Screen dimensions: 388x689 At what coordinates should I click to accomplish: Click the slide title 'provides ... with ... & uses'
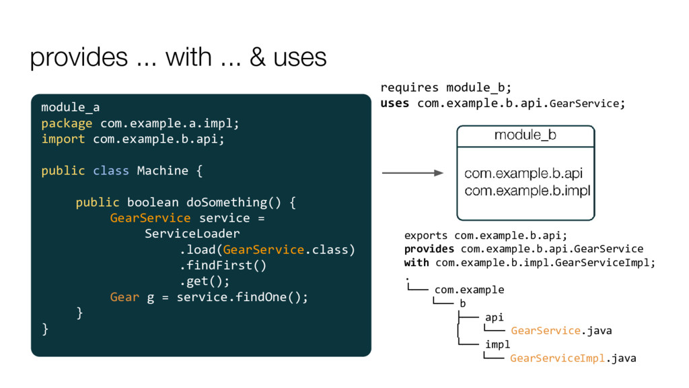click(x=178, y=57)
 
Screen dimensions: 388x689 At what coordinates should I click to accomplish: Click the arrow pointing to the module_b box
click(x=412, y=173)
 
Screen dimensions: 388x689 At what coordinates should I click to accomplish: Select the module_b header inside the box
click(x=525, y=135)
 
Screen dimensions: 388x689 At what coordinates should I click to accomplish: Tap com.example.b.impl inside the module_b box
click(x=527, y=191)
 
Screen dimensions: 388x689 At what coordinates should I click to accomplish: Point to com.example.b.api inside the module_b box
click(x=523, y=174)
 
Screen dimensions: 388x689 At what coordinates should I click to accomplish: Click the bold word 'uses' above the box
click(x=395, y=103)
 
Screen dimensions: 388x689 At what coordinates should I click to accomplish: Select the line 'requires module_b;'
click(x=446, y=88)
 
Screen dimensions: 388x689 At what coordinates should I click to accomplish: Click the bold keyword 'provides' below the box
click(x=429, y=249)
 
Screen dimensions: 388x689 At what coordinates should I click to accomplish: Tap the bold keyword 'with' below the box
click(x=416, y=263)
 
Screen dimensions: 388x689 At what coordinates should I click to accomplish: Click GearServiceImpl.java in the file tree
click(x=573, y=358)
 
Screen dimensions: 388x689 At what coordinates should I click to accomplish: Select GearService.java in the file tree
click(x=561, y=331)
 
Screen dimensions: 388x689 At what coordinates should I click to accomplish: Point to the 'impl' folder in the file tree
click(x=498, y=344)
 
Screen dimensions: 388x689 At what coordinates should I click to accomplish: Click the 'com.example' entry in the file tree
click(x=469, y=290)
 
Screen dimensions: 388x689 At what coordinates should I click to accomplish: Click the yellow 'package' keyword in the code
click(x=67, y=123)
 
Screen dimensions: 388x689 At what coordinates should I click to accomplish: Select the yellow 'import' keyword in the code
click(x=63, y=139)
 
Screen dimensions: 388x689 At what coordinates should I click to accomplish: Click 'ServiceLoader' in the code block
click(x=192, y=234)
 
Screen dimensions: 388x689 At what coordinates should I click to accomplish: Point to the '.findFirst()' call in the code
click(x=223, y=265)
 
